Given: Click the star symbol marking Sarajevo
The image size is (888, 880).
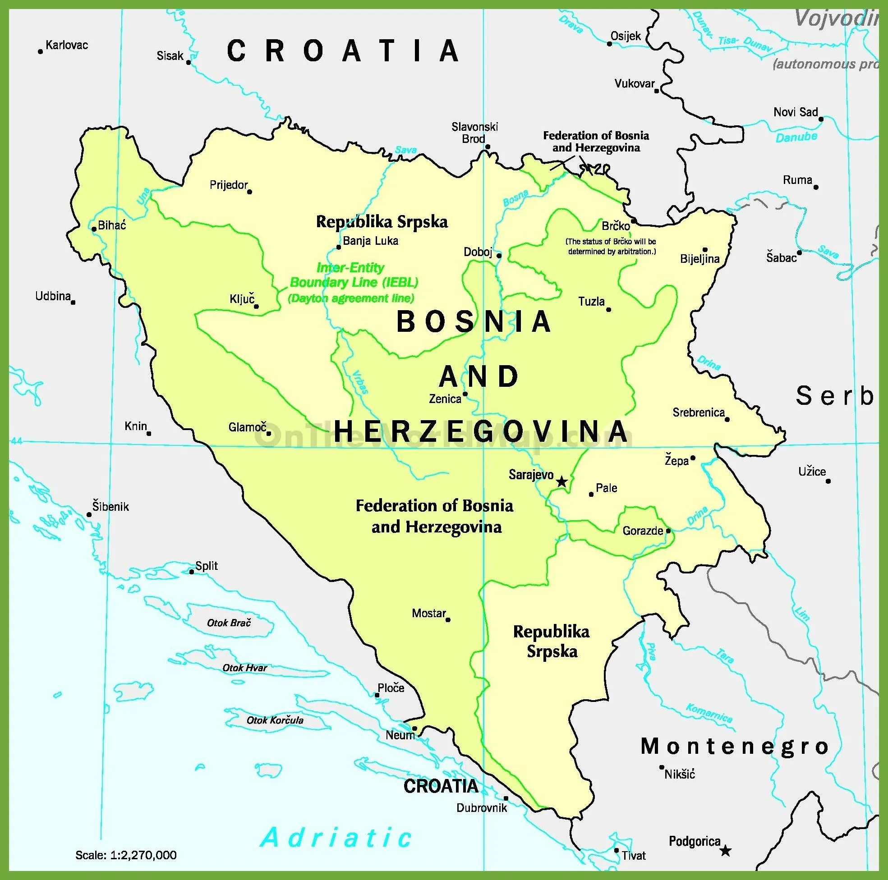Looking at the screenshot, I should (561, 481).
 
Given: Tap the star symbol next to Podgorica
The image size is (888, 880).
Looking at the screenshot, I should (725, 851).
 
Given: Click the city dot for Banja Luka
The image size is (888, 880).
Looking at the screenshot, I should (339, 247).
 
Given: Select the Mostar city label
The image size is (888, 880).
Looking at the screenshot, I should (428, 613).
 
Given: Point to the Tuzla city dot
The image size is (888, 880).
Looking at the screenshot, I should (609, 309).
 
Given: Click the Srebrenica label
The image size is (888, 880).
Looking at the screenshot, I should (698, 412).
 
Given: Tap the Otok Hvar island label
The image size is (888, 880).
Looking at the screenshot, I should (244, 668).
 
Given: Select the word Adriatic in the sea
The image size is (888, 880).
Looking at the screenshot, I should (336, 837).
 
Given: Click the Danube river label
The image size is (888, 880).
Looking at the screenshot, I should (796, 137).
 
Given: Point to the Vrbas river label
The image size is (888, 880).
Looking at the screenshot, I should (361, 382).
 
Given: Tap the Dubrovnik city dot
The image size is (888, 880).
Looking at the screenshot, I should (506, 798).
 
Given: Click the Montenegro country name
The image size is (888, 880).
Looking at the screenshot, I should (735, 746).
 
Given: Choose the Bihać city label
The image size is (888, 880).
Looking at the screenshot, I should (112, 225).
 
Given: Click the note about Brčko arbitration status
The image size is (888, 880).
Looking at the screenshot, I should (611, 246).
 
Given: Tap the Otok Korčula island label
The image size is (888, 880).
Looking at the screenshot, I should (275, 720).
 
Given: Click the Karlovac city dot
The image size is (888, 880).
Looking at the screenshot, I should (41, 51).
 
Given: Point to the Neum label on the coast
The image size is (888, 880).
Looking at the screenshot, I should (400, 735).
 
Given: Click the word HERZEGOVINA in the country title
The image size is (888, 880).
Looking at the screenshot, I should (481, 431).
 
